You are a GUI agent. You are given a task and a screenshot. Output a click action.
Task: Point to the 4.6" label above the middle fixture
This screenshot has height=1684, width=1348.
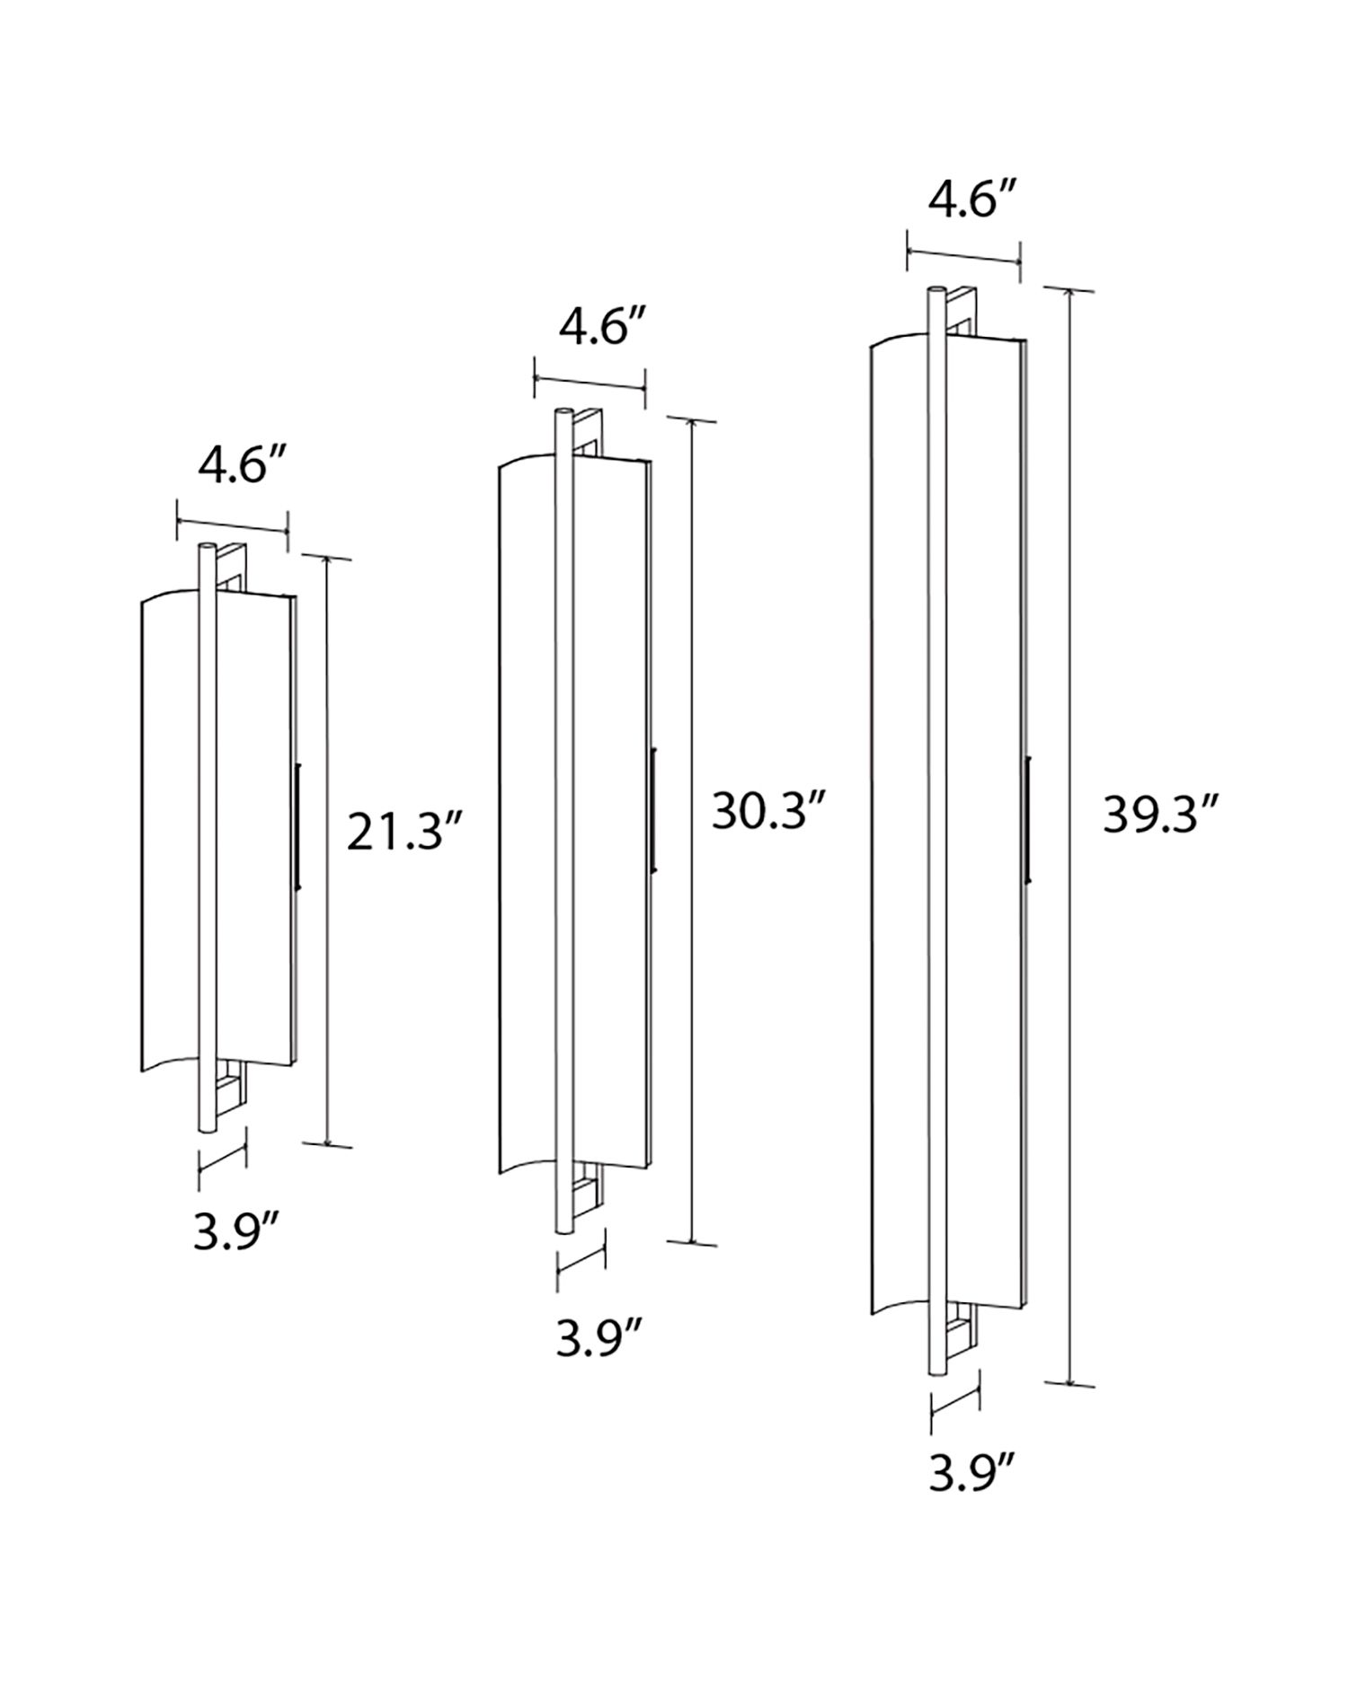coord(592,329)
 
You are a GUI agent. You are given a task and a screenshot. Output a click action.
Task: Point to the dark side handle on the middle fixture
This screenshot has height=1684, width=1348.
coord(654,808)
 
